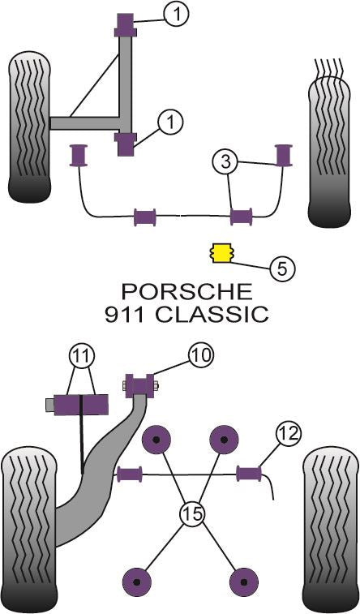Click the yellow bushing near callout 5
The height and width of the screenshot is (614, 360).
[220, 252]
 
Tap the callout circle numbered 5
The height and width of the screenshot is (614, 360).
[281, 268]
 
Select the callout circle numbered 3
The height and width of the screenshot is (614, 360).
[226, 162]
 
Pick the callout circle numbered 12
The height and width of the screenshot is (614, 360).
[288, 434]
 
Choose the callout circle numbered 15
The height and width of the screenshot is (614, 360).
[193, 513]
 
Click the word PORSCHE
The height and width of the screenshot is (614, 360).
[186, 291]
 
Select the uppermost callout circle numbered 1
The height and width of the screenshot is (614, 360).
[176, 12]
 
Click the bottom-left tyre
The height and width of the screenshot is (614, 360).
[30, 528]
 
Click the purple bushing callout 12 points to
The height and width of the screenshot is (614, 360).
[248, 473]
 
